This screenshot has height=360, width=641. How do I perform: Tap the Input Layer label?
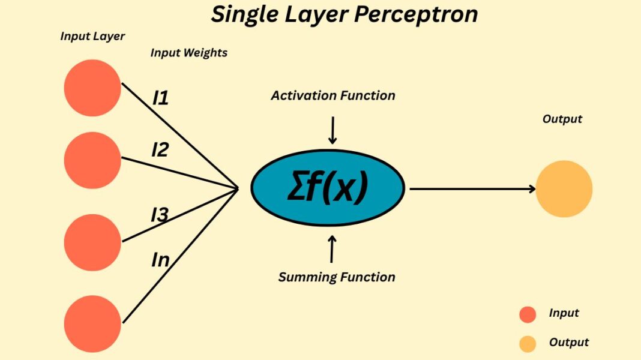tap(92, 36)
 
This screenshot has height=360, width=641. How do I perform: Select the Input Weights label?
tap(188, 53)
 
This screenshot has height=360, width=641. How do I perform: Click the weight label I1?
tap(160, 98)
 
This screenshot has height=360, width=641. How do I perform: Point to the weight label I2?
tap(160, 149)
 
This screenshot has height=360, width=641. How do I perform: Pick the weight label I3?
tap(159, 214)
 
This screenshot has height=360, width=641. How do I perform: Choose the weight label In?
tap(160, 260)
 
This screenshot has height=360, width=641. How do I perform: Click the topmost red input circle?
tap(92, 88)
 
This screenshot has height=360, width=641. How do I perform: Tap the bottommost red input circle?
tap(92, 325)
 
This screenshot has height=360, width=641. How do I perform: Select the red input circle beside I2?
tap(92, 160)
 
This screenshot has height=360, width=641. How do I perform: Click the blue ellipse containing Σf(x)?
tap(328, 188)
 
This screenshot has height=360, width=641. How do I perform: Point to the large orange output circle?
tap(564, 189)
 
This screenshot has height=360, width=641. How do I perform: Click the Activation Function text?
tap(333, 95)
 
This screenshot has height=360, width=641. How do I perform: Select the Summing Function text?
tap(337, 277)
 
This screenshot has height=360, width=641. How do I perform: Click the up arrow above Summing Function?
tap(332, 248)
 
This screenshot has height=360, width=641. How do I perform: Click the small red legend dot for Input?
tap(528, 314)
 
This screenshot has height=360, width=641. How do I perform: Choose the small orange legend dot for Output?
tap(528, 344)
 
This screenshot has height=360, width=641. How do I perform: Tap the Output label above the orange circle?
tap(562, 119)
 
